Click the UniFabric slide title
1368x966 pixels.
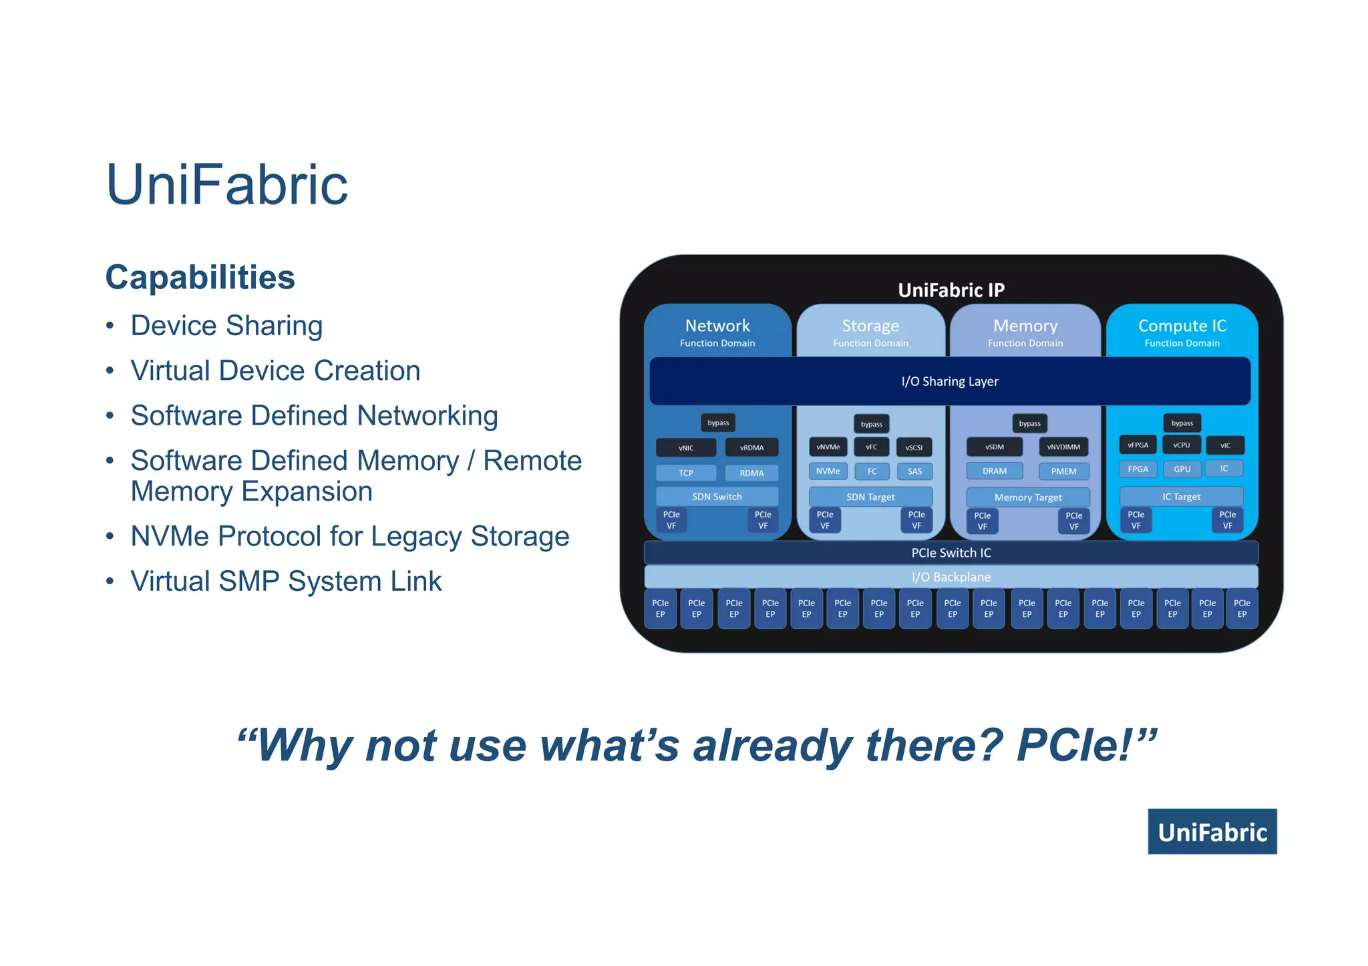pyautogui.click(x=227, y=185)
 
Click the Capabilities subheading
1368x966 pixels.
pyautogui.click(x=200, y=277)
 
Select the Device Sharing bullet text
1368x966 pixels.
pyautogui.click(x=226, y=326)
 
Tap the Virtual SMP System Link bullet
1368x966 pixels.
pyautogui.click(x=286, y=581)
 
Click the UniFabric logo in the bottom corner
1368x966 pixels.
pyautogui.click(x=1212, y=832)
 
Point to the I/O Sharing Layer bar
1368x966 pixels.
pyautogui.click(x=949, y=381)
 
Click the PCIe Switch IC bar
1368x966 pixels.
pyautogui.click(x=951, y=553)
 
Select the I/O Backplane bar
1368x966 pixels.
pyautogui.click(x=951, y=577)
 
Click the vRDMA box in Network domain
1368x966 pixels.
pyautogui.click(x=751, y=447)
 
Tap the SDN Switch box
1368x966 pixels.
pyautogui.click(x=717, y=497)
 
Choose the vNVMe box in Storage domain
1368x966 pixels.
pyautogui.click(x=828, y=447)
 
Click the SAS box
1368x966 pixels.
pyautogui.click(x=914, y=471)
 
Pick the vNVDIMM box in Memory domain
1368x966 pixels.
pyautogui.click(x=1063, y=447)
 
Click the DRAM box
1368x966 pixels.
pyautogui.click(x=995, y=471)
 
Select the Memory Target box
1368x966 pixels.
pyautogui.click(x=1028, y=497)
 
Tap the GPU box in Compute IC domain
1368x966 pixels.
pyautogui.click(x=1182, y=469)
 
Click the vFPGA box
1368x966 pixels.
pyautogui.click(x=1138, y=445)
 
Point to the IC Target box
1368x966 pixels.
pyautogui.click(x=1181, y=497)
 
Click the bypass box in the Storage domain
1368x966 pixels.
pyautogui.click(x=871, y=424)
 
